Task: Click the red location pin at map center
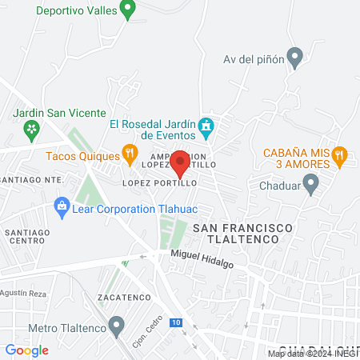[x=180, y=162]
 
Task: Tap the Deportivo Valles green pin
[x=126, y=10]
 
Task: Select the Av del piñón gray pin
[x=295, y=58]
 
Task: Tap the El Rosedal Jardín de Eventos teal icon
[x=206, y=126]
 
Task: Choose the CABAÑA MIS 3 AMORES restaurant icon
[x=340, y=156]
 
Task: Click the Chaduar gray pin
[x=314, y=186]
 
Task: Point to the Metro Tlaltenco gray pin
[x=118, y=326]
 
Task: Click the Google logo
[x=26, y=350]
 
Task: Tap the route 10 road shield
[x=175, y=321]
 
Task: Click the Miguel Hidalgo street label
[x=202, y=258]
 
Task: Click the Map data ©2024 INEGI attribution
[x=313, y=354]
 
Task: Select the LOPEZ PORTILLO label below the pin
[x=160, y=183]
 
